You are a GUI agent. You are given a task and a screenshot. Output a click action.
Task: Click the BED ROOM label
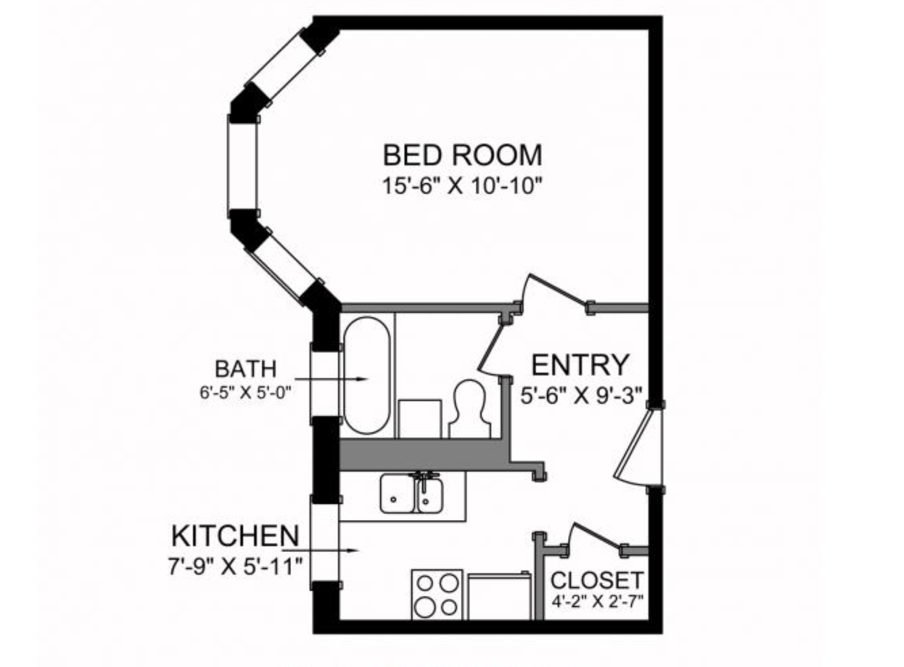(462, 155)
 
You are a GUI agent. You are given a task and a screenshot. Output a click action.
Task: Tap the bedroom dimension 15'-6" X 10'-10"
(462, 186)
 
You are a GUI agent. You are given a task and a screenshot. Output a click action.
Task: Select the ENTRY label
(580, 365)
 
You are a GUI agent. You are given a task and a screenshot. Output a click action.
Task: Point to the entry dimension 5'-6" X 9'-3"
(582, 395)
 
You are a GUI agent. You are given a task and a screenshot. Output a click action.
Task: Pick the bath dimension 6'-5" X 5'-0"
(245, 393)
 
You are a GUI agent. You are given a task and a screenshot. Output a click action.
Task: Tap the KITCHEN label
(235, 536)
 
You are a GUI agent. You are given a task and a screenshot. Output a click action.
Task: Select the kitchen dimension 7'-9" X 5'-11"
(235, 566)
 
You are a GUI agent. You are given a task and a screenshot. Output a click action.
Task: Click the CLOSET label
(597, 581)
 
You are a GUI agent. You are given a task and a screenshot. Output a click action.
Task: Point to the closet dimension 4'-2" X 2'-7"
(597, 602)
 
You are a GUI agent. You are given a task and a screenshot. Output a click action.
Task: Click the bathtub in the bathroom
(367, 375)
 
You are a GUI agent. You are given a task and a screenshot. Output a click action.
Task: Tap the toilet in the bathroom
(469, 409)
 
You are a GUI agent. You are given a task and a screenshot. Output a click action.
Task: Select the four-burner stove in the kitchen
(437, 594)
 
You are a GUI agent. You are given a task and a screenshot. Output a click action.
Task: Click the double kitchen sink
(412, 493)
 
